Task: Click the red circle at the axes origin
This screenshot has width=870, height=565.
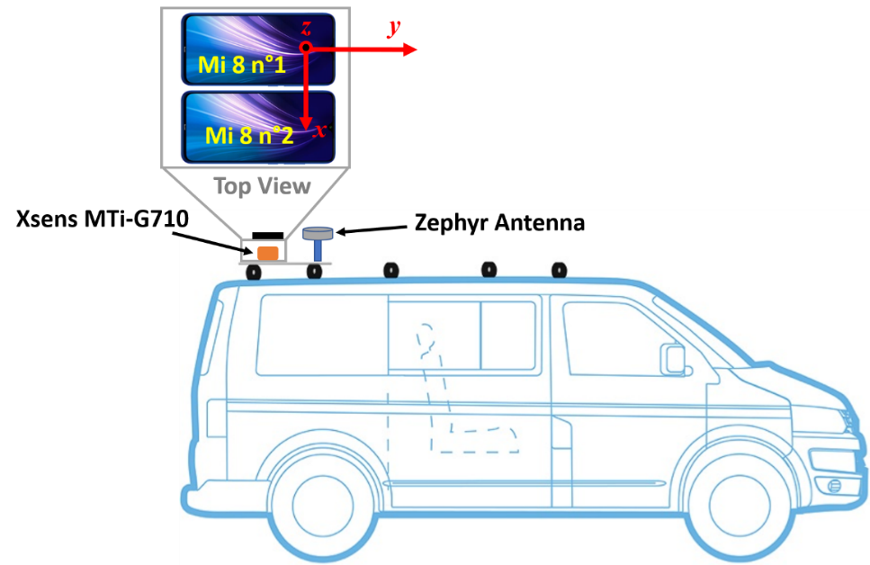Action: tap(306, 49)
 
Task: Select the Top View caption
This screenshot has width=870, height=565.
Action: tap(261, 186)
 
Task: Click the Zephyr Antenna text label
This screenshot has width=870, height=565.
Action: tap(499, 222)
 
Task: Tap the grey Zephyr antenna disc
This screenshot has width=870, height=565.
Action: tap(318, 234)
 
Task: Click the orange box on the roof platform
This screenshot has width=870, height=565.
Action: tap(267, 253)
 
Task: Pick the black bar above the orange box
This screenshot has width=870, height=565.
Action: tap(268, 236)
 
